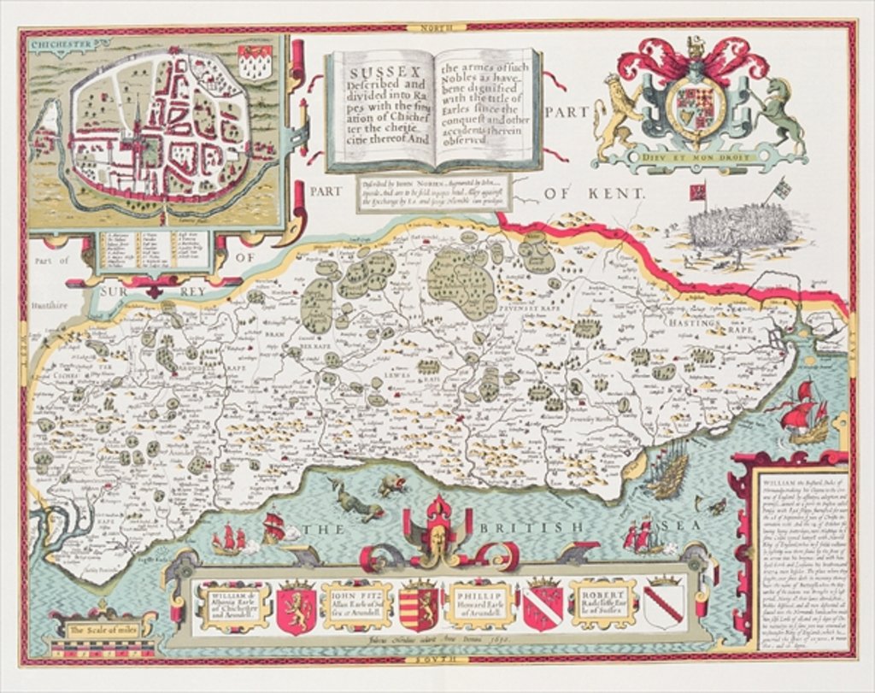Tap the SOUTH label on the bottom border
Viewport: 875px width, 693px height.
click(443, 661)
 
